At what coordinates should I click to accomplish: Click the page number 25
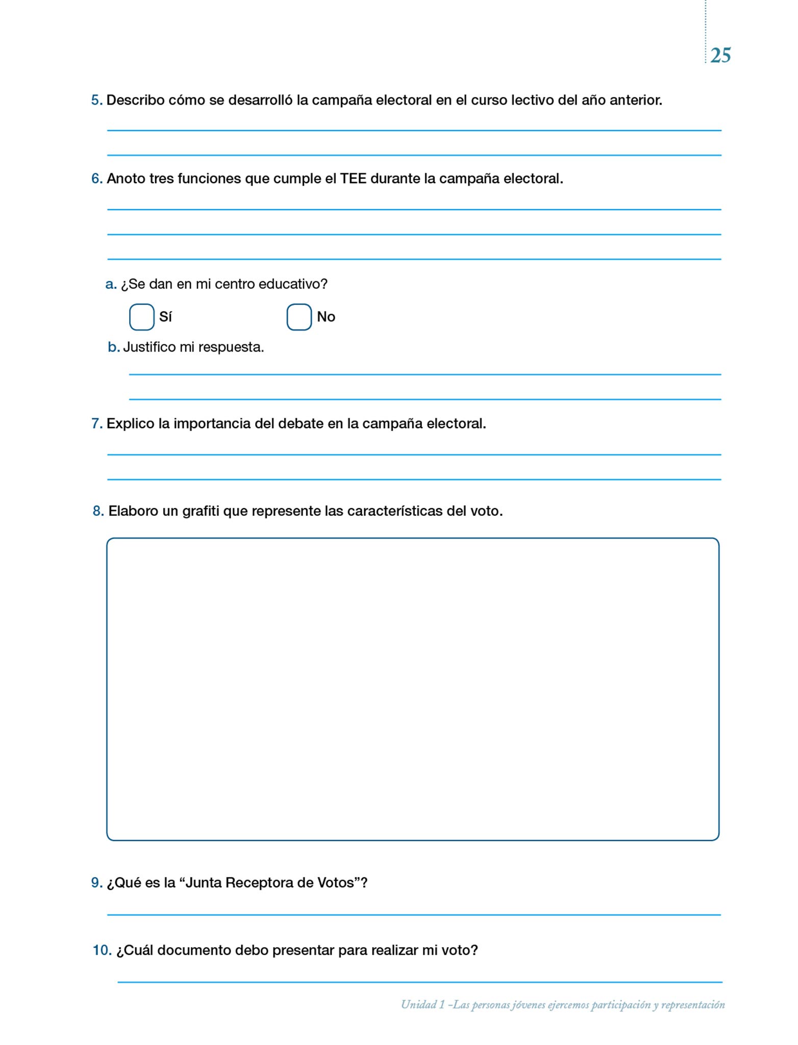point(720,55)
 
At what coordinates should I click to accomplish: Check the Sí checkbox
point(142,317)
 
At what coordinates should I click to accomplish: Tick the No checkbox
point(299,317)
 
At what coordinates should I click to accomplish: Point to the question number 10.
point(102,950)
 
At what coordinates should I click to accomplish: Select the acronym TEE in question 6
point(353,179)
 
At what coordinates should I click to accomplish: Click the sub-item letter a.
point(111,284)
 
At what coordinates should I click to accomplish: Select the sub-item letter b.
point(113,347)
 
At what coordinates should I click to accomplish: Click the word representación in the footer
point(693,1005)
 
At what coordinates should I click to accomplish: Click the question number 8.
point(98,511)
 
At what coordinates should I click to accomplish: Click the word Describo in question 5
point(135,100)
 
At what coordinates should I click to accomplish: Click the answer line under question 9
point(413,915)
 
